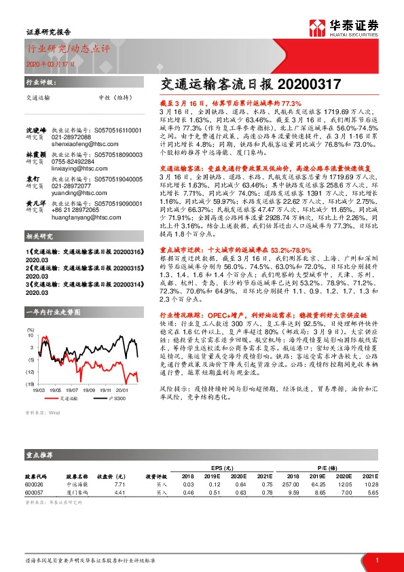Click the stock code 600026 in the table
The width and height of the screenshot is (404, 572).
[34, 484]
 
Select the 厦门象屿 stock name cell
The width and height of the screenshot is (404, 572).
[77, 492]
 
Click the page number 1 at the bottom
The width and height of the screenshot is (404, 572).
[376, 560]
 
